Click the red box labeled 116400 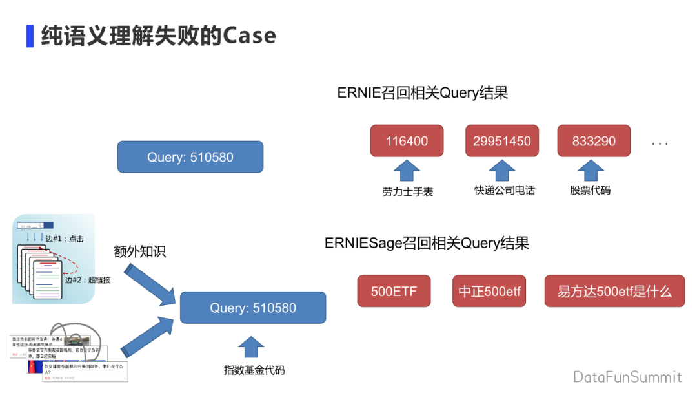[x=407, y=141]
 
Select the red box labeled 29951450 [x=502, y=141]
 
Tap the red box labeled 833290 [x=594, y=141]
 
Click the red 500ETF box [x=394, y=291]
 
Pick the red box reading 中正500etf [x=489, y=291]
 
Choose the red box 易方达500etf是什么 [x=614, y=291]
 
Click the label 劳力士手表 [x=408, y=191]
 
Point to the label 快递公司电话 [x=505, y=190]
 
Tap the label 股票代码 [x=590, y=190]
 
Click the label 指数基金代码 [x=254, y=370]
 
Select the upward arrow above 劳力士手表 [x=407, y=171]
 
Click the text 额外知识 [x=139, y=251]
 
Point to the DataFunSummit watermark [x=627, y=377]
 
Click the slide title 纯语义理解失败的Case [x=158, y=36]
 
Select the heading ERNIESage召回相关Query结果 [x=427, y=243]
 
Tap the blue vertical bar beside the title [x=30, y=36]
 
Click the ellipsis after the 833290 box [x=660, y=143]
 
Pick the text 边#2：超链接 [x=88, y=280]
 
